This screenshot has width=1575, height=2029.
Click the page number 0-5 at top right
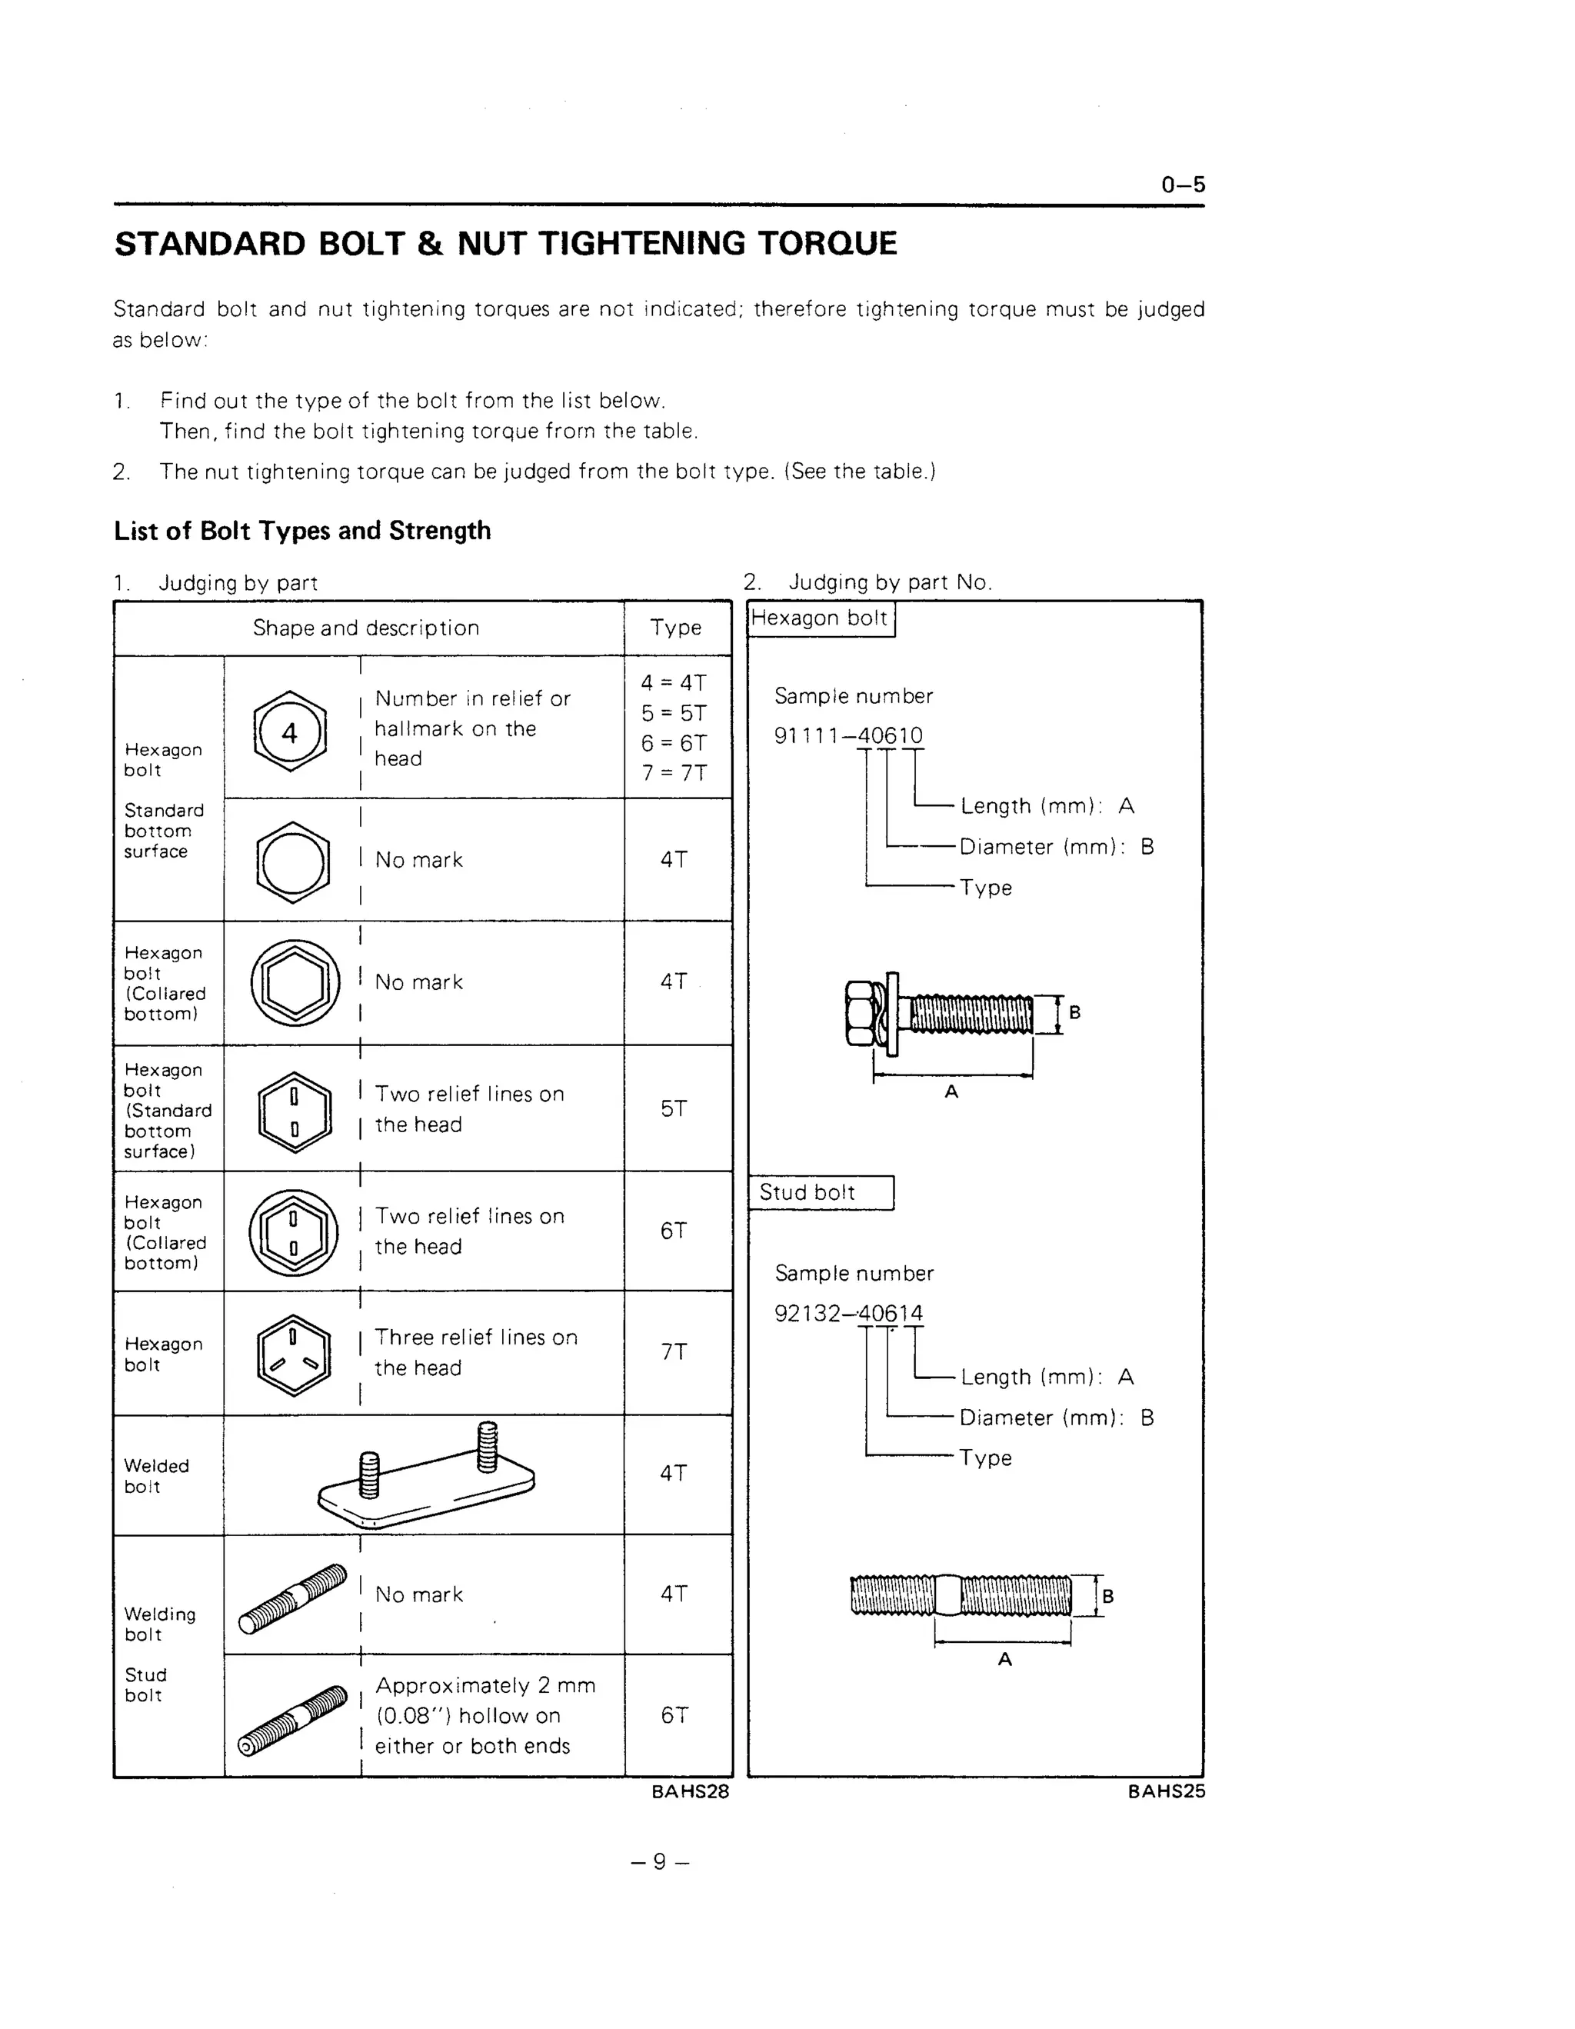pyautogui.click(x=1182, y=184)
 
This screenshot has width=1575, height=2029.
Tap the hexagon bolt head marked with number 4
pyautogui.click(x=290, y=731)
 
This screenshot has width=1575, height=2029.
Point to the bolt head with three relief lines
pyautogui.click(x=294, y=1354)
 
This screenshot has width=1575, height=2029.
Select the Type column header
pyautogui.click(x=676, y=628)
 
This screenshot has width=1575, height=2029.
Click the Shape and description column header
pyautogui.click(x=366, y=628)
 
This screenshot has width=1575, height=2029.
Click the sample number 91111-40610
pyautogui.click(x=847, y=736)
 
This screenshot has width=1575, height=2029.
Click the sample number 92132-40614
pyautogui.click(x=847, y=1314)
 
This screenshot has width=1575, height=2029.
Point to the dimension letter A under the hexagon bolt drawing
pyautogui.click(x=951, y=1092)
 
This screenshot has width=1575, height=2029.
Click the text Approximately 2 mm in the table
pyautogui.click(x=484, y=1686)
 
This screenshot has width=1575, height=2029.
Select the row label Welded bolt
pyautogui.click(x=156, y=1476)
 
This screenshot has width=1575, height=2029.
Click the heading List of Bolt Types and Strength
pyautogui.click(x=301, y=531)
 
